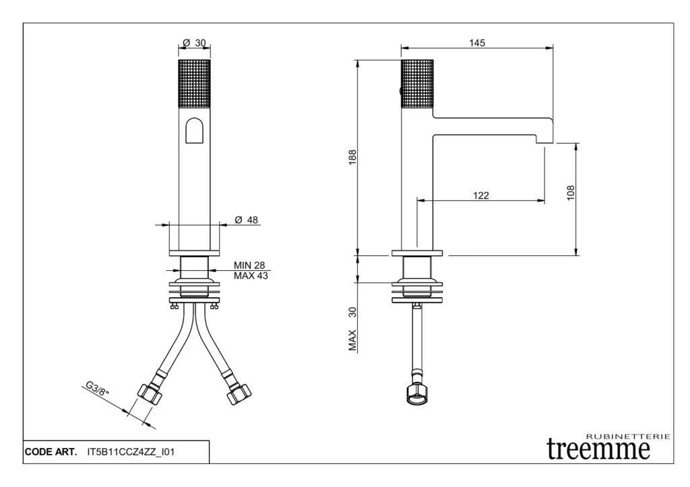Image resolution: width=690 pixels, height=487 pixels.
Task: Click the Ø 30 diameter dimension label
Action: pyautogui.click(x=194, y=42)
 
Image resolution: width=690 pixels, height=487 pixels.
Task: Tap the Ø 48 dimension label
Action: pyautogui.click(x=247, y=220)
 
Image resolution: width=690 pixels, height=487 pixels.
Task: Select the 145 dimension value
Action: pyautogui.click(x=477, y=42)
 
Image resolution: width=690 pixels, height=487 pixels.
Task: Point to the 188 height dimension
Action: pyautogui.click(x=352, y=158)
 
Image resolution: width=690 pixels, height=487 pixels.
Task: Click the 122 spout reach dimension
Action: pyautogui.click(x=481, y=195)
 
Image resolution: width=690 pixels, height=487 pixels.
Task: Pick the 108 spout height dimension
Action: pyautogui.click(x=571, y=193)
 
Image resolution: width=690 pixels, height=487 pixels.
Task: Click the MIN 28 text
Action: pyautogui.click(x=249, y=265)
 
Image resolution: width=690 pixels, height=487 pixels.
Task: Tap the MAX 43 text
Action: pyautogui.click(x=251, y=276)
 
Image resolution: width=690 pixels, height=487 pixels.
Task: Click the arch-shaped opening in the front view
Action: pyautogui.click(x=195, y=130)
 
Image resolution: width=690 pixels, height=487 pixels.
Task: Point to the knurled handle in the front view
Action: pyautogui.click(x=195, y=83)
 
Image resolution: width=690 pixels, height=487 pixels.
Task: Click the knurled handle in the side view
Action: pyautogui.click(x=417, y=83)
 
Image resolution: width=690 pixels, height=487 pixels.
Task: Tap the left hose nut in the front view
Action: pyautogui.click(x=150, y=394)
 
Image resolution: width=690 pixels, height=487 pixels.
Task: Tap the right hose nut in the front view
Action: pyautogui.click(x=239, y=394)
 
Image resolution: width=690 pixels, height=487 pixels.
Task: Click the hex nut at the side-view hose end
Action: pyautogui.click(x=417, y=394)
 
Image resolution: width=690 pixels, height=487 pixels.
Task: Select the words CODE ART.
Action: pyautogui.click(x=51, y=452)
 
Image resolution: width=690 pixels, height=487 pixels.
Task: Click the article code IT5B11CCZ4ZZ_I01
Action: pyautogui.click(x=131, y=452)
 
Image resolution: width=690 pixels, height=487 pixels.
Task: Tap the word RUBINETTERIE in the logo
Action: pyautogui.click(x=629, y=436)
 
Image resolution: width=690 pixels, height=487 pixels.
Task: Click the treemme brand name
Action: pyautogui.click(x=598, y=449)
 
